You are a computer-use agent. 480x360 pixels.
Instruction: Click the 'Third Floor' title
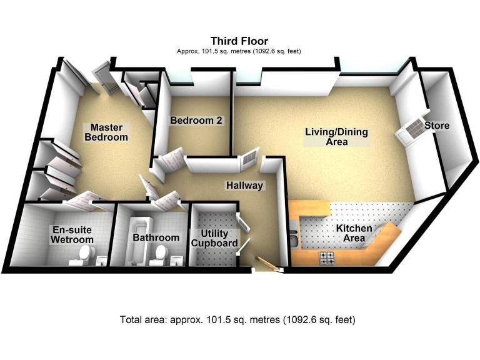239,41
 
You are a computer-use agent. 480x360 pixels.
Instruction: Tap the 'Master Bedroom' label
106,132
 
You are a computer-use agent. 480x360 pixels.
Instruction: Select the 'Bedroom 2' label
196,120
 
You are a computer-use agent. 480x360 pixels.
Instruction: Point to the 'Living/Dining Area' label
336,137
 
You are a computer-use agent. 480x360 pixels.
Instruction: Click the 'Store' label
436,126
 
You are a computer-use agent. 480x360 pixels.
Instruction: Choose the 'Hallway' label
244,185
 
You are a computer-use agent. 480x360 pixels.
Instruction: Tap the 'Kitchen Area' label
354,233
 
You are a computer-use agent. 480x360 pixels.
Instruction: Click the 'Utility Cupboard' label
214,238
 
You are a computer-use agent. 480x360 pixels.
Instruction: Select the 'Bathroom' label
156,237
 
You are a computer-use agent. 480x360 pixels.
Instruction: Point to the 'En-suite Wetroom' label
72,235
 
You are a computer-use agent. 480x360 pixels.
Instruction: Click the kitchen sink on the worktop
294,238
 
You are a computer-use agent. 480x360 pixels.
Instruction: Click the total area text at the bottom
237,320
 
